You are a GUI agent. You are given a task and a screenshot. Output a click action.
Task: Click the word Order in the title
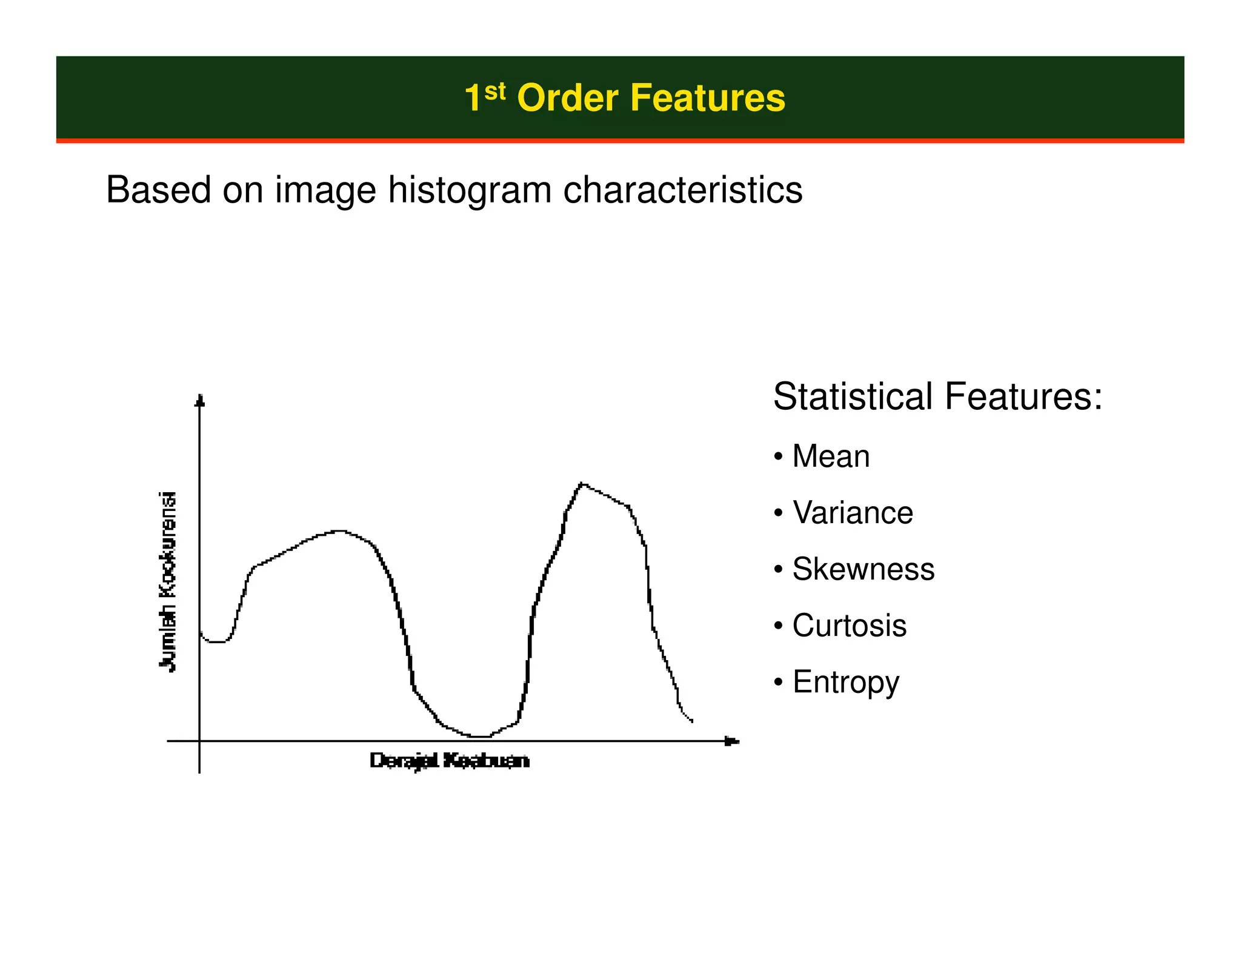pos(567,98)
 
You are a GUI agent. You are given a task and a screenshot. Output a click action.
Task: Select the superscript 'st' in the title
pos(494,92)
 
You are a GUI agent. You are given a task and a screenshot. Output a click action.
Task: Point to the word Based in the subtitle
pos(158,190)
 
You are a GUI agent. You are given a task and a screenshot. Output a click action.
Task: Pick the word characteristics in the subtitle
pos(682,190)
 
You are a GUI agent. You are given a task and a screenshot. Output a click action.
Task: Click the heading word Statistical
pos(852,397)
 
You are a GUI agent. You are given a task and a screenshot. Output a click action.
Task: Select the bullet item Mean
pos(831,456)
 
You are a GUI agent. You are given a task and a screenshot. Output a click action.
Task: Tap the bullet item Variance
pos(852,513)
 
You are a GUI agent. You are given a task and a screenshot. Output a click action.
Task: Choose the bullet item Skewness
pos(863,569)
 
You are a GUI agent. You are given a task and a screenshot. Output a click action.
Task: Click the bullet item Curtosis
pos(849,626)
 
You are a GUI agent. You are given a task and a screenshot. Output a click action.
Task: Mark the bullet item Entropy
pos(845,683)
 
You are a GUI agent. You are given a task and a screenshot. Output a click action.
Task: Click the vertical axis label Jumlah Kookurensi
pos(168,582)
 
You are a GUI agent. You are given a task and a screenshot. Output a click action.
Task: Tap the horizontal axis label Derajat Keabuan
pos(449,760)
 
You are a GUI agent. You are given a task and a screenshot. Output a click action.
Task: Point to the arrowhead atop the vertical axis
pos(200,400)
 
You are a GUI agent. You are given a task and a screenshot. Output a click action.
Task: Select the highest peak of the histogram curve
pos(582,484)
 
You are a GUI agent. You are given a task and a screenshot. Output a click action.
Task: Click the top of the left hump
pos(339,531)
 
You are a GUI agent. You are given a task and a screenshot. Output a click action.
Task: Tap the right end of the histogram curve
pos(691,721)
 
